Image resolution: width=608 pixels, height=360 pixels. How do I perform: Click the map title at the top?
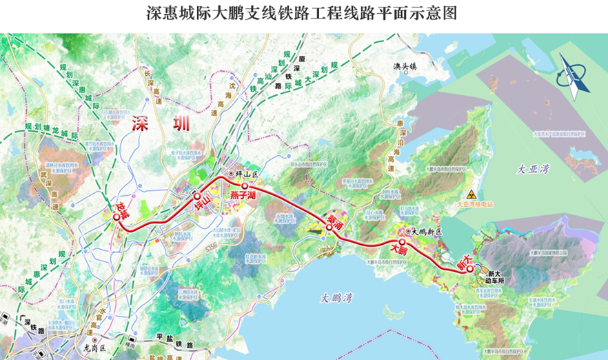pos(303,13)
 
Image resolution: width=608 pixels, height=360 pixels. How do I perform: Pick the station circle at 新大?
pos(469,270)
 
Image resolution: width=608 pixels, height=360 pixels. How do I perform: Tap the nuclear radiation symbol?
pos(472,195)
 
